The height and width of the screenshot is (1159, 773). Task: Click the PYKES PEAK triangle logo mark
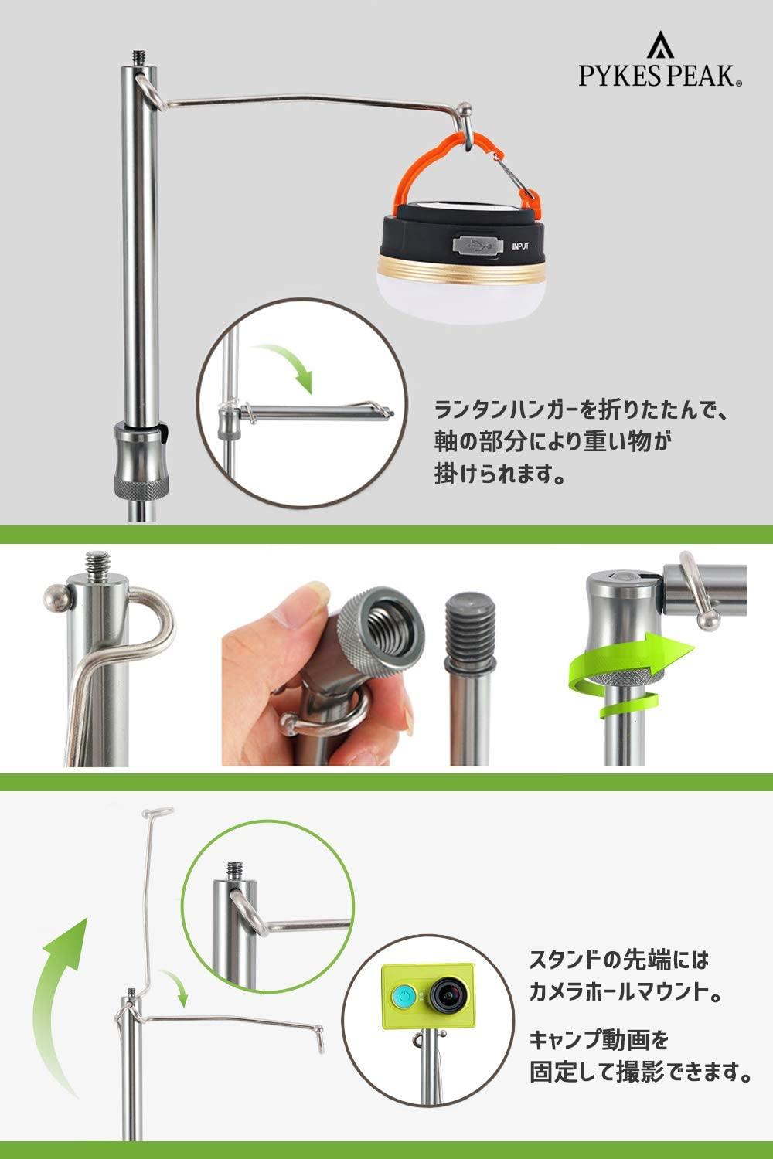(x=660, y=45)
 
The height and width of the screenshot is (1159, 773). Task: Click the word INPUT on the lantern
(x=520, y=246)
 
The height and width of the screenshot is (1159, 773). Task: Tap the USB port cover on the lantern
(x=478, y=246)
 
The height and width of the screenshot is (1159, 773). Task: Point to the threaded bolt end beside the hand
(x=470, y=629)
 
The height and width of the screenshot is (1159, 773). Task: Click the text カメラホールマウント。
(x=625, y=992)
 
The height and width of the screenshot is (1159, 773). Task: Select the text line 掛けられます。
(x=499, y=474)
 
